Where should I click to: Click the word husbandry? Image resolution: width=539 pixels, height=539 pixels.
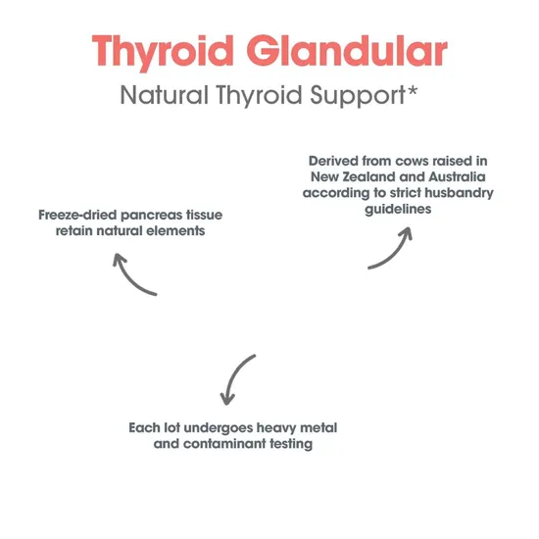click(x=454, y=194)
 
